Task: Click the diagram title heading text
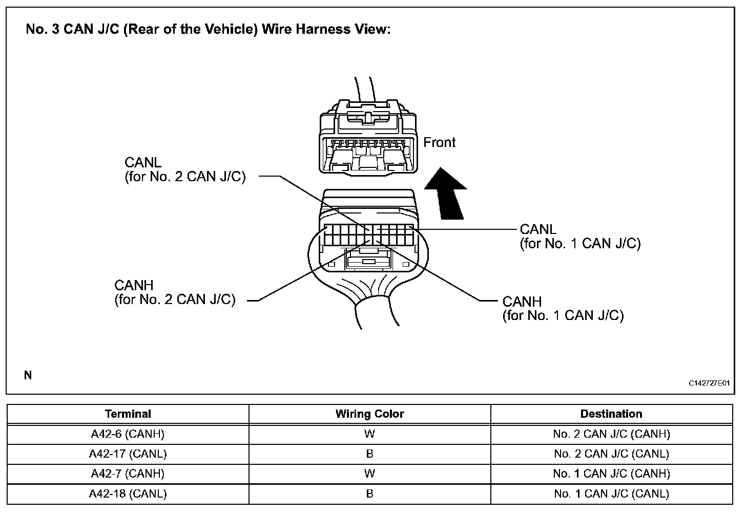208,29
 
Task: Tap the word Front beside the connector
439,142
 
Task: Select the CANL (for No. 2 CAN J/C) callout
185,170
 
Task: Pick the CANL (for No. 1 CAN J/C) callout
580,237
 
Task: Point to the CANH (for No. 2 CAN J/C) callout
175,292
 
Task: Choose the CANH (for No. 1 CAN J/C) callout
563,309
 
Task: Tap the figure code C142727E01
709,383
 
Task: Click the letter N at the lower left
28,376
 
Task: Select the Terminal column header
128,414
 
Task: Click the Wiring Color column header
369,414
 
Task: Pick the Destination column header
611,414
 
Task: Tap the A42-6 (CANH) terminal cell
128,434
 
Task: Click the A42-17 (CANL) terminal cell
128,454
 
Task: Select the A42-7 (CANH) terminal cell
128,474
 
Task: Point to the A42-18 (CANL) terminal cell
128,494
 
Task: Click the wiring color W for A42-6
369,434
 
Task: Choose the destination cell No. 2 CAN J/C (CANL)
611,454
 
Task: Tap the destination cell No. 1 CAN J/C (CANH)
611,474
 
